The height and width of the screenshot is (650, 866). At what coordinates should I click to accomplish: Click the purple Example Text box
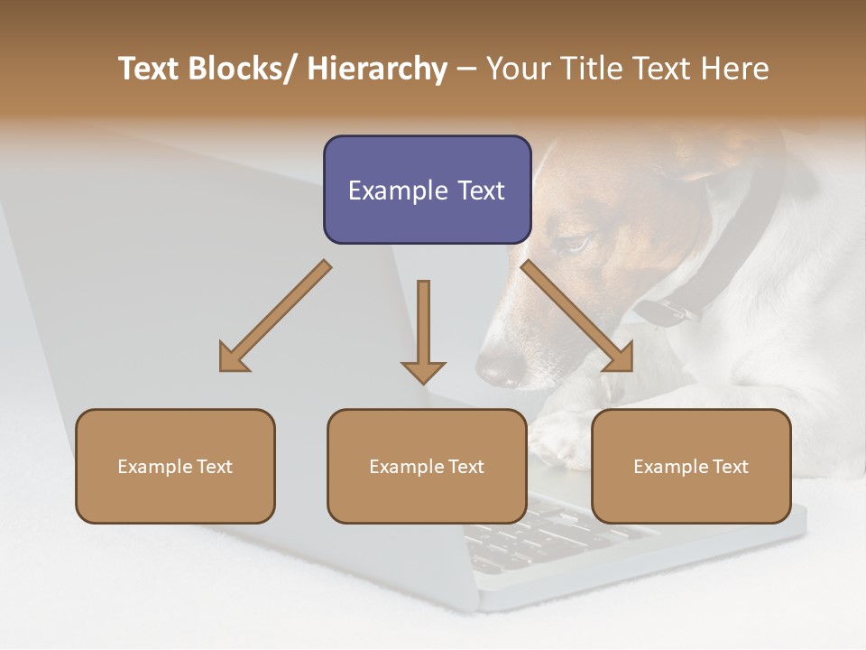[427, 190]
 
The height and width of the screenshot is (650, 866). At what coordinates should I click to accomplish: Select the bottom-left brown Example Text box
[175, 466]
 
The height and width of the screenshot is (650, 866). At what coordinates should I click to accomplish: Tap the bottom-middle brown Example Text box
[427, 466]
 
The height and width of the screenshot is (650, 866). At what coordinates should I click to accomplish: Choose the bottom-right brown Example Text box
[691, 466]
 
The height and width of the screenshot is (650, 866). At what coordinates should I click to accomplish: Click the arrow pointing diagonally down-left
[274, 317]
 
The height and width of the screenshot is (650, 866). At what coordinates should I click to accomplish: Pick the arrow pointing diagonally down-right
[577, 317]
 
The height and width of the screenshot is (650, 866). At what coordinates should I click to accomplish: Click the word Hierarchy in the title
[377, 70]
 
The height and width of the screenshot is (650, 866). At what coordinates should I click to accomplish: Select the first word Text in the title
[150, 70]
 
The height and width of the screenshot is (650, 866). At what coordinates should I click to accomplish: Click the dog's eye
[575, 243]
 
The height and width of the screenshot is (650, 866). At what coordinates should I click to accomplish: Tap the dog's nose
[499, 368]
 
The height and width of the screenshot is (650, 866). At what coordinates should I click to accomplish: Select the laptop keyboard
[541, 537]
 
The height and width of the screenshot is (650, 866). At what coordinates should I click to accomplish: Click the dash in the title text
[466, 70]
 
